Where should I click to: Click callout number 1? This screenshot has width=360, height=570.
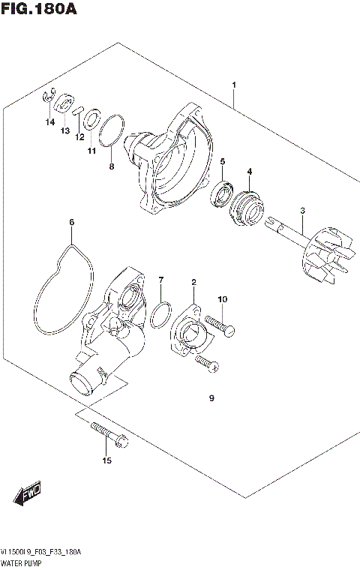pyautogui.click(x=234, y=85)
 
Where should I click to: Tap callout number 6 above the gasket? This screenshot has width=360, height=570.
pyautogui.click(x=72, y=222)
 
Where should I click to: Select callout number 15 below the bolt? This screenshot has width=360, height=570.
pyautogui.click(x=106, y=460)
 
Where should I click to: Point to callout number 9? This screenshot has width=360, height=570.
pyautogui.click(x=211, y=398)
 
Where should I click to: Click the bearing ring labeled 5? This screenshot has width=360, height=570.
pyautogui.click(x=223, y=191)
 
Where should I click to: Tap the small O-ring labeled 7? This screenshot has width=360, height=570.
pyautogui.click(x=158, y=316)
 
